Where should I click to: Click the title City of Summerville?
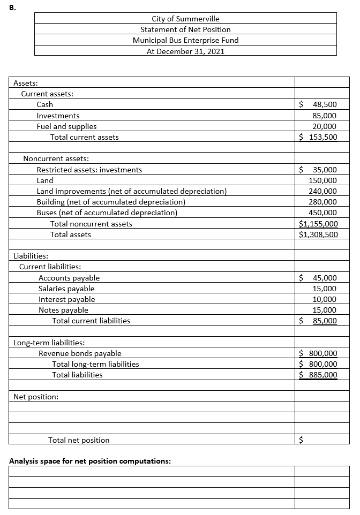pos(185,19)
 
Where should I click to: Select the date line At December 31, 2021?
pos(185,51)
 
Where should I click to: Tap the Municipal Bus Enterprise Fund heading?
pos(185,40)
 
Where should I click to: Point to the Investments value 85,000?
pos(324,116)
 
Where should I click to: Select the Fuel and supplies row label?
pos(66,126)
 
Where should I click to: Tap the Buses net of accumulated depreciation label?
pos(107,213)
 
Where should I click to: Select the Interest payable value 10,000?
pos(325,299)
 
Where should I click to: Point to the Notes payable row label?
pos(63,310)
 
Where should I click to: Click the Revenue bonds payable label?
pos(80,353)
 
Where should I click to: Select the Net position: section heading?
pos(36,397)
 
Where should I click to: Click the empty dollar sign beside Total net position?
pos(301,440)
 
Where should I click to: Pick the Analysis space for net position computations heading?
pos(90,461)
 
